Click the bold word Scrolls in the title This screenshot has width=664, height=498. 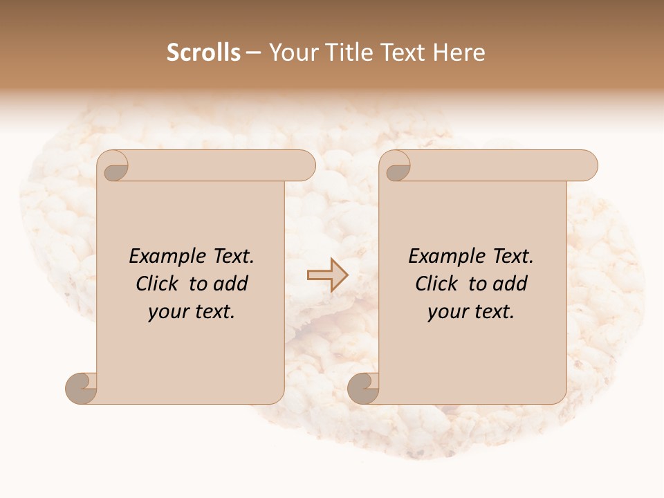(x=203, y=53)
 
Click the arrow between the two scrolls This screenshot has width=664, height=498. (x=327, y=275)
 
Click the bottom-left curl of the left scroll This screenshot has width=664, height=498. (x=81, y=388)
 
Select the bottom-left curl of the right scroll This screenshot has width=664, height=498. (x=363, y=388)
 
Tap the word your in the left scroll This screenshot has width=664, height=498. (x=167, y=312)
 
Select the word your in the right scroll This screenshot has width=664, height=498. (x=446, y=312)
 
